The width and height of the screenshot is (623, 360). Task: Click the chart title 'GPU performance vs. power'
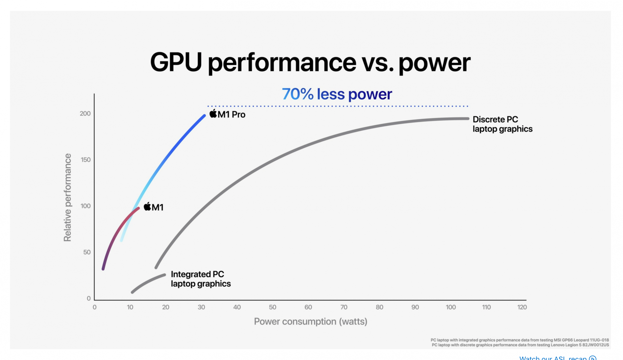(310, 62)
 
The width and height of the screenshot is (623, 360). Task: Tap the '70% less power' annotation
(337, 94)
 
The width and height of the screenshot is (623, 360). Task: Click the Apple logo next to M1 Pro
(213, 114)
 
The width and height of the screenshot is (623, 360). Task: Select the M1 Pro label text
(231, 115)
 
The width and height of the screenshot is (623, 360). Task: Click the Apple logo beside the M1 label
(147, 206)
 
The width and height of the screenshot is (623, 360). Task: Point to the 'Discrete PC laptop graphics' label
(502, 124)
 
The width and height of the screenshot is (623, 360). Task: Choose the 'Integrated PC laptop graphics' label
(201, 279)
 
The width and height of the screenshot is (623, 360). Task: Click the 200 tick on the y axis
(85, 114)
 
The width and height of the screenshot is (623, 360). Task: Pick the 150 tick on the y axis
(86, 160)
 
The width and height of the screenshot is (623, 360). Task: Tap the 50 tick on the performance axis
(87, 252)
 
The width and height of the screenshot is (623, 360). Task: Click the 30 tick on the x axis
(201, 307)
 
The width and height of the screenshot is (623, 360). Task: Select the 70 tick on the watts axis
(344, 307)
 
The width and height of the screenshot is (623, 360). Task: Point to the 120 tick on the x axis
(522, 307)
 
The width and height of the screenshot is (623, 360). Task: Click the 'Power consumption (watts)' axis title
(311, 321)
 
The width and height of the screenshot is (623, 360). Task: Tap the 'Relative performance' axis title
(67, 197)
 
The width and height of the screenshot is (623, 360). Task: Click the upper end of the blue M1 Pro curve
(204, 116)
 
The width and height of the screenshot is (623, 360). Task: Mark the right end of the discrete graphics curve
(467, 118)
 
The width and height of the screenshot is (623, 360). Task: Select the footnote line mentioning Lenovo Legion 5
(520, 345)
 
